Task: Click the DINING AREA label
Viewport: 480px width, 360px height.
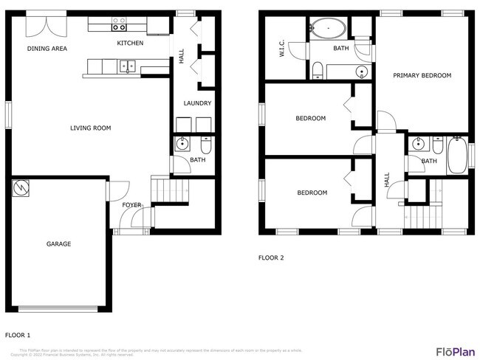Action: (x=47, y=49)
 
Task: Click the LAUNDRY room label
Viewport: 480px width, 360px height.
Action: (x=197, y=103)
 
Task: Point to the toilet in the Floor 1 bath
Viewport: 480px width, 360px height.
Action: (x=205, y=144)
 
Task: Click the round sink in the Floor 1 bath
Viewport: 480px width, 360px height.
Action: (x=182, y=144)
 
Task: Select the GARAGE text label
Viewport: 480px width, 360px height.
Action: (x=58, y=244)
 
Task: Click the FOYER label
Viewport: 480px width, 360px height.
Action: (x=131, y=205)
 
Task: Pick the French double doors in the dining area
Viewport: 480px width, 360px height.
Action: (x=41, y=24)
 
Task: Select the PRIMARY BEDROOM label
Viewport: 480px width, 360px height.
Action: (x=422, y=75)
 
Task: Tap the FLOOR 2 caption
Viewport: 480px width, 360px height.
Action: (x=270, y=258)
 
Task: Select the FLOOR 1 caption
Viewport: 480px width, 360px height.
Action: (x=18, y=334)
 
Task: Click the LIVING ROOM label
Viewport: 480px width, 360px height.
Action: (x=90, y=128)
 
